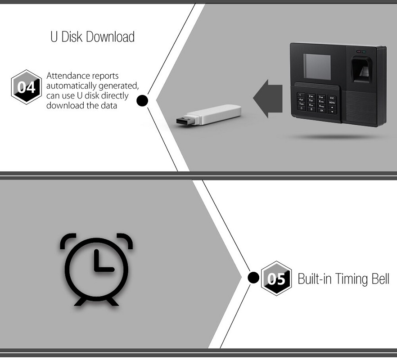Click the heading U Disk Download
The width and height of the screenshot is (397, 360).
(92, 37)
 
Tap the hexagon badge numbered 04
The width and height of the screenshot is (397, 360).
(26, 87)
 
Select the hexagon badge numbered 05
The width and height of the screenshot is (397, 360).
(276, 278)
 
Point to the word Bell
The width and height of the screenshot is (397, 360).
(379, 279)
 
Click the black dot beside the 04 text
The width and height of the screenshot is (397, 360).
(142, 100)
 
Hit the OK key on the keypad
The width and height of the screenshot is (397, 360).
(321, 109)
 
